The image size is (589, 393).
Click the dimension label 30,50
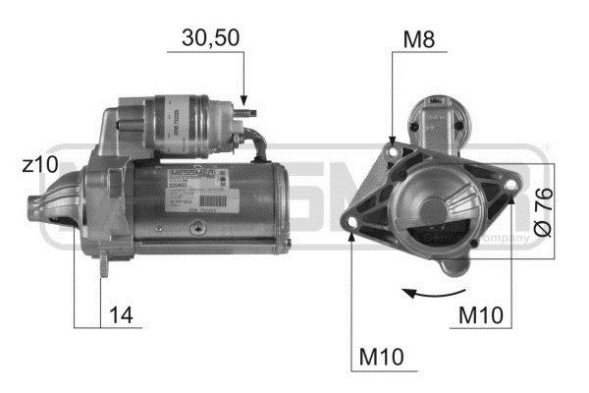[x=210, y=38]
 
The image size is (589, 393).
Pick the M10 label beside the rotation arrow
[x=483, y=315]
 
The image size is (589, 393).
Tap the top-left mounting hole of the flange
[x=394, y=149]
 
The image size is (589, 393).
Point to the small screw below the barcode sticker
[x=201, y=228]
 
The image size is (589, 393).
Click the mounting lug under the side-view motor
[x=105, y=263]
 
